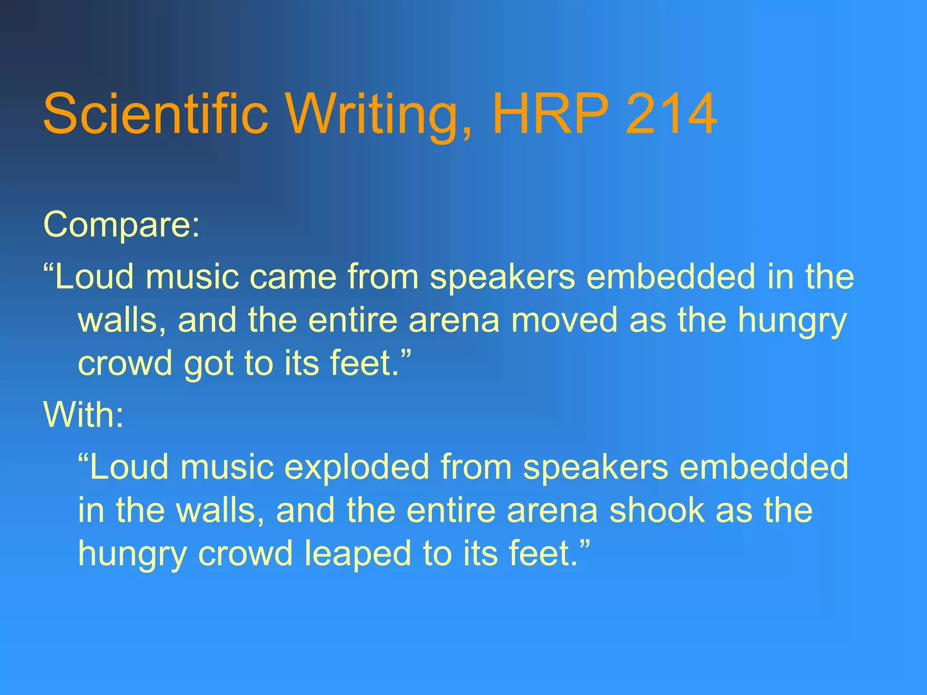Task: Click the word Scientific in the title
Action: (156, 114)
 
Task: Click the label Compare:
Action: (121, 225)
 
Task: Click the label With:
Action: (83, 415)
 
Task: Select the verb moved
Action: (564, 320)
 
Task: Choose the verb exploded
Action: (357, 467)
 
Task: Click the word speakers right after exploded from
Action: (596, 467)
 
